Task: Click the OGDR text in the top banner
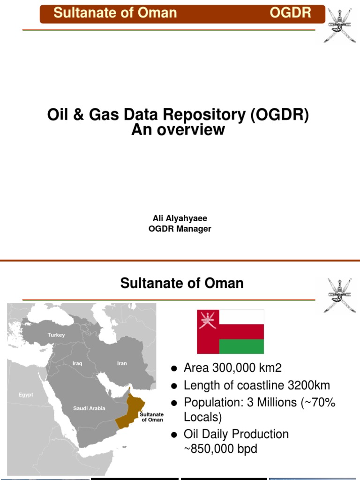point(290,13)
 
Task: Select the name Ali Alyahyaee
point(180,218)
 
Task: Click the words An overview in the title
point(178,130)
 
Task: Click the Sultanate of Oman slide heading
point(182,283)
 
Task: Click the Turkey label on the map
point(56,335)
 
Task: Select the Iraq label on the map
point(77,363)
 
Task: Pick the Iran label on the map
point(122,363)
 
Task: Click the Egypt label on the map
point(26,395)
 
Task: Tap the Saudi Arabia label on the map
point(89,408)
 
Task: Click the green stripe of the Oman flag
point(241,347)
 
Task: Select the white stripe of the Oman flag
point(241,316)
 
